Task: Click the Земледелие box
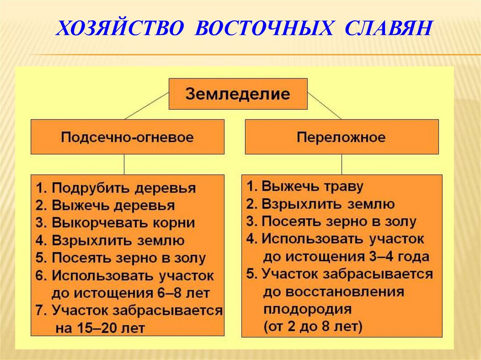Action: point(238,94)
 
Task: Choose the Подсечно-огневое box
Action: point(127,137)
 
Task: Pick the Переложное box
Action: point(341,137)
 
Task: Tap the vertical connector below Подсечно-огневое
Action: point(124,164)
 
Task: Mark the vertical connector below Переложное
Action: point(342,164)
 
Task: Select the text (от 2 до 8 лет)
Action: point(313,325)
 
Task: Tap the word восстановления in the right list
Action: point(334,291)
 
